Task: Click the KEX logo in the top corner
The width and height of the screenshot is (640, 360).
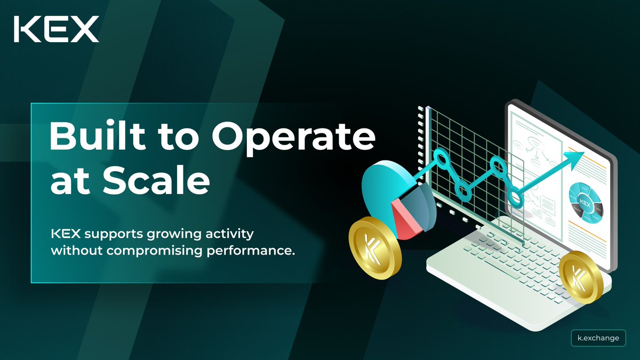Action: click(57, 29)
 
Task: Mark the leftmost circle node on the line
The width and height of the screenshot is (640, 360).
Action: click(441, 158)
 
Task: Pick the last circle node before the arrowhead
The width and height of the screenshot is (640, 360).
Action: click(515, 198)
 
